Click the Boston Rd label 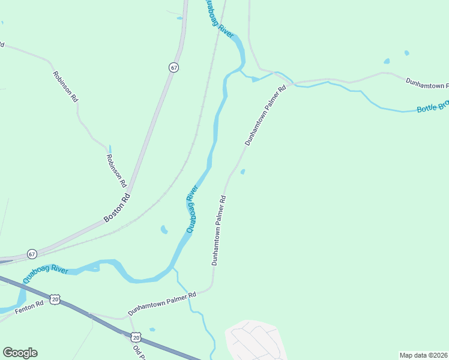pyautogui.click(x=116, y=208)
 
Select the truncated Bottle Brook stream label pyautogui.click(x=433, y=107)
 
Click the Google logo pyautogui.click(x=20, y=353)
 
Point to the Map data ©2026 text pyautogui.click(x=423, y=355)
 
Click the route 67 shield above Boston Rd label pyautogui.click(x=173, y=68)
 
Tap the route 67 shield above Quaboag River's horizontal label pyautogui.click(x=31, y=254)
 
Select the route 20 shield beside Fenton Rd pyautogui.click(x=55, y=299)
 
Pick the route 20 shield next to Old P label pyautogui.click(x=136, y=337)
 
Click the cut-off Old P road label pyautogui.click(x=140, y=353)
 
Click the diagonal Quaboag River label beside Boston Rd pyautogui.click(x=192, y=209)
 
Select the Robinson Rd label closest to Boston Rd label pyautogui.click(x=116, y=170)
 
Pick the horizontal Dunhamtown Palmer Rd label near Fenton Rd pyautogui.click(x=161, y=304)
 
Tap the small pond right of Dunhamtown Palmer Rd pyautogui.click(x=243, y=172)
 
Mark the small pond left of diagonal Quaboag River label pyautogui.click(x=163, y=229)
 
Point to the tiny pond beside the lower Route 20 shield pyautogui.click(x=152, y=329)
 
